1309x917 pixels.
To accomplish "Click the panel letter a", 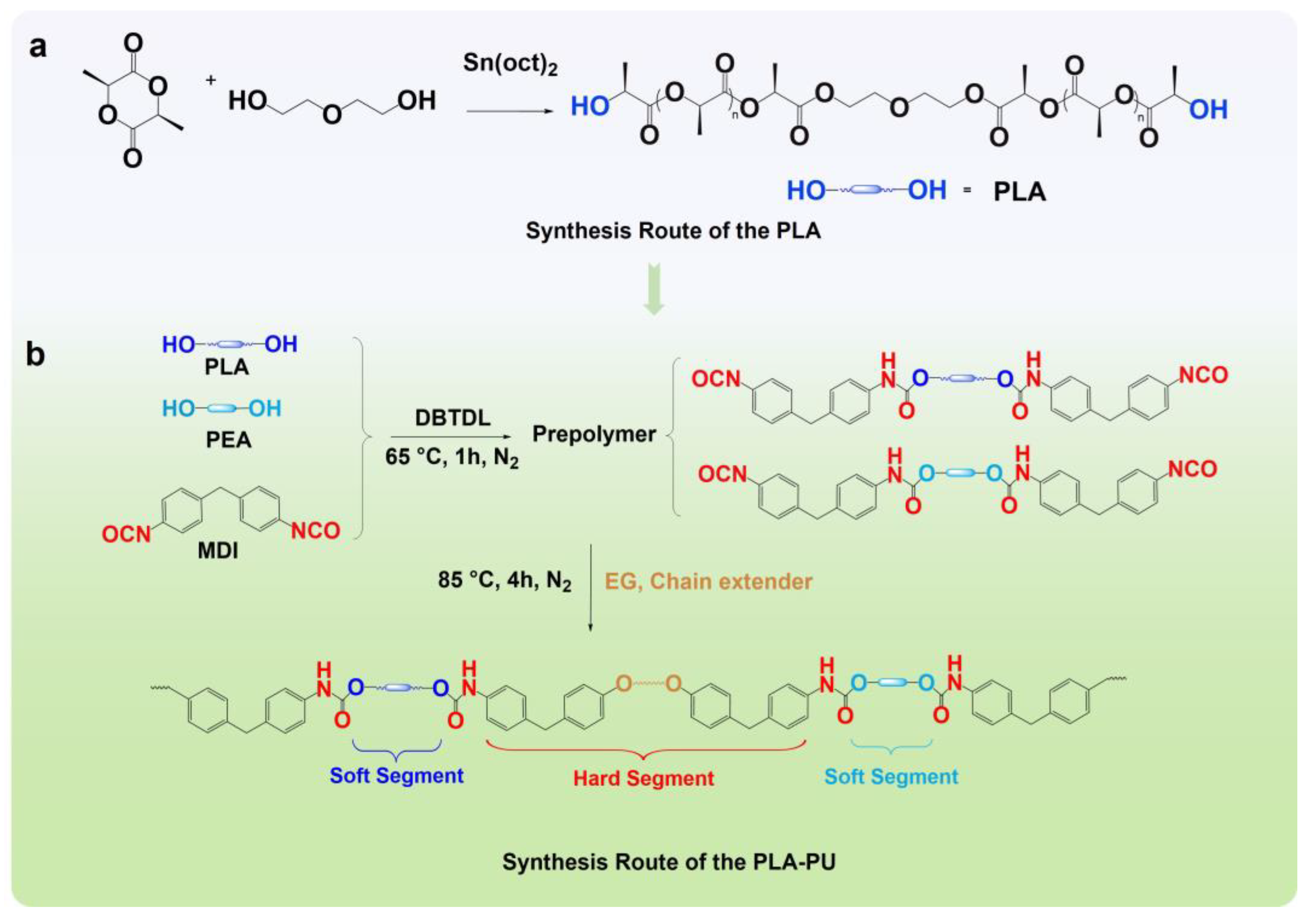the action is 37,47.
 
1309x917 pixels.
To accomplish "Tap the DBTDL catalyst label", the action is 452,418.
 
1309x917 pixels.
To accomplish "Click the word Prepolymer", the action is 593,435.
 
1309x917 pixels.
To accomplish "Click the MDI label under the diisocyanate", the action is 218,551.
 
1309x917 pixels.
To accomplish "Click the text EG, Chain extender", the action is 708,582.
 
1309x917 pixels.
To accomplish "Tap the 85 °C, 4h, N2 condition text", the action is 504,581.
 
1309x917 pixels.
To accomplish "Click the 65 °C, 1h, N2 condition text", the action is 451,457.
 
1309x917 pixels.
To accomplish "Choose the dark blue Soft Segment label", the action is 396,776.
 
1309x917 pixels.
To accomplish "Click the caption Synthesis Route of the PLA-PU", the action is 669,862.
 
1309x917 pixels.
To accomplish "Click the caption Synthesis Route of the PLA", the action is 673,231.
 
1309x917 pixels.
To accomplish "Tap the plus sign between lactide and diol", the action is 210,81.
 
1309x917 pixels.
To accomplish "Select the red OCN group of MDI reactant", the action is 126,534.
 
